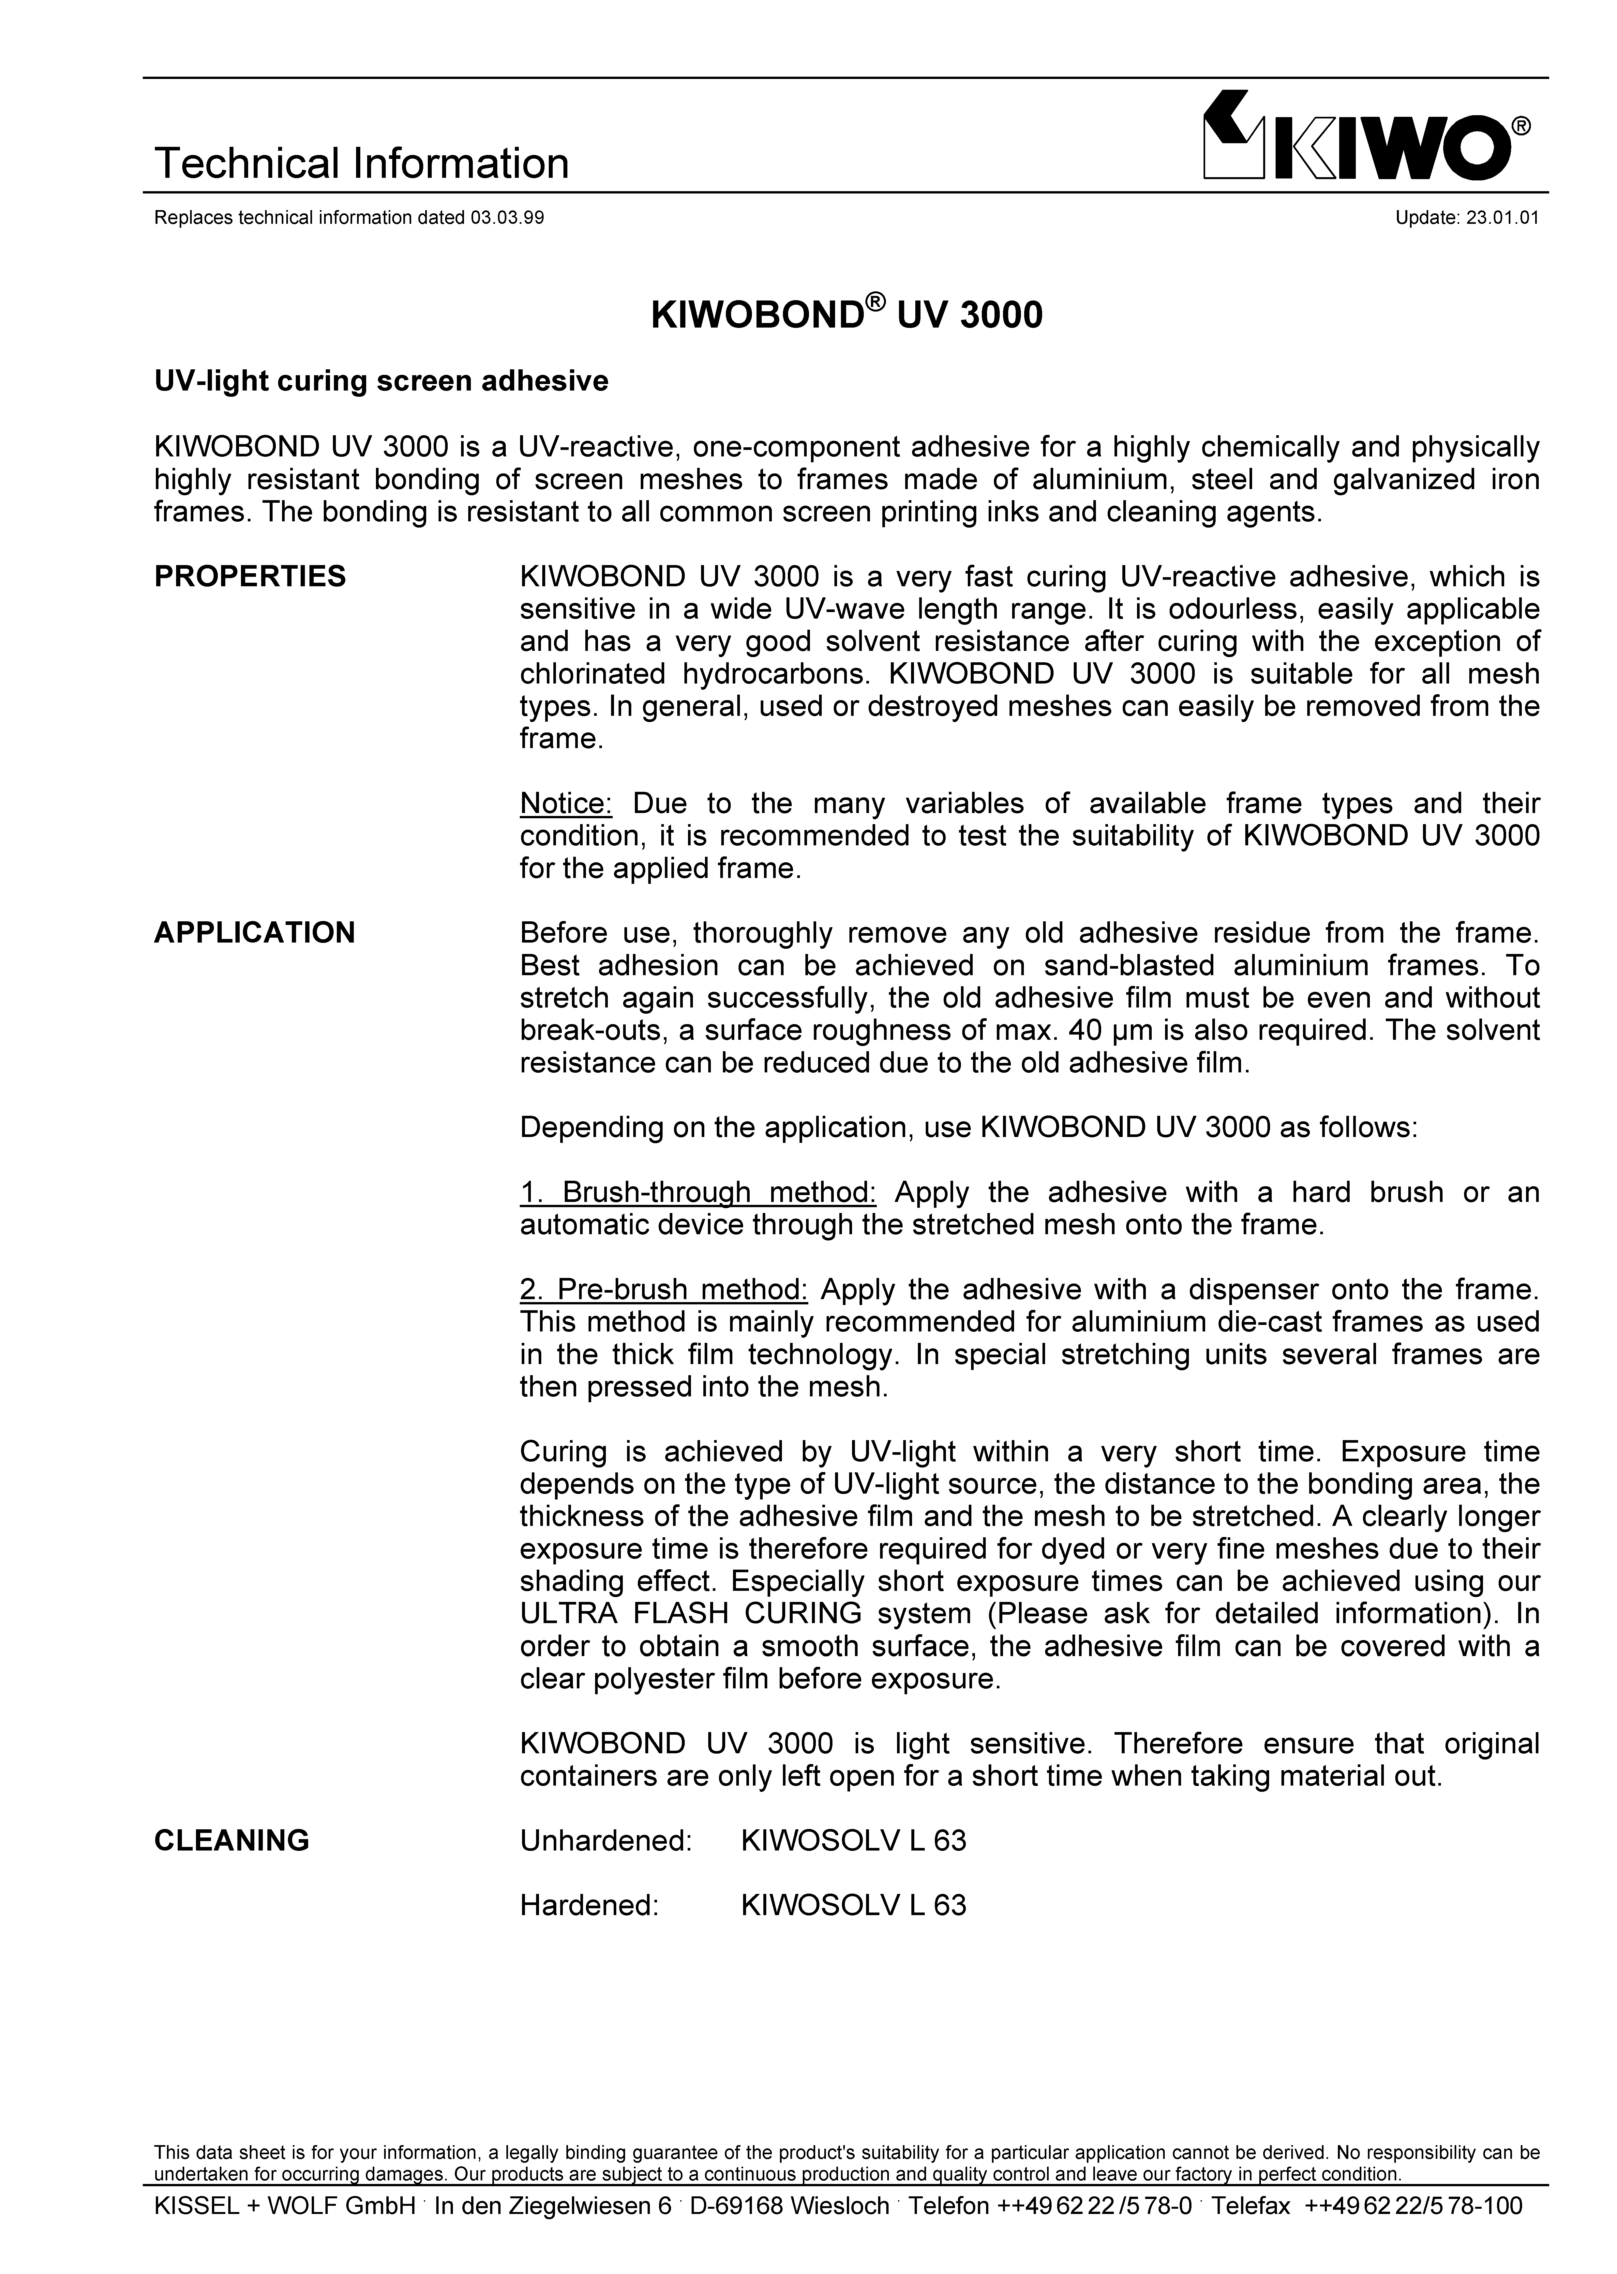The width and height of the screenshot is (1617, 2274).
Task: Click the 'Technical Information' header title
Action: pyautogui.click(x=361, y=163)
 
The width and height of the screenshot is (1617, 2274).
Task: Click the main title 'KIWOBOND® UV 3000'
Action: pyautogui.click(x=846, y=315)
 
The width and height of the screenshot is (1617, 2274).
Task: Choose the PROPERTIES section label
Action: pyautogui.click(x=250, y=576)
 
